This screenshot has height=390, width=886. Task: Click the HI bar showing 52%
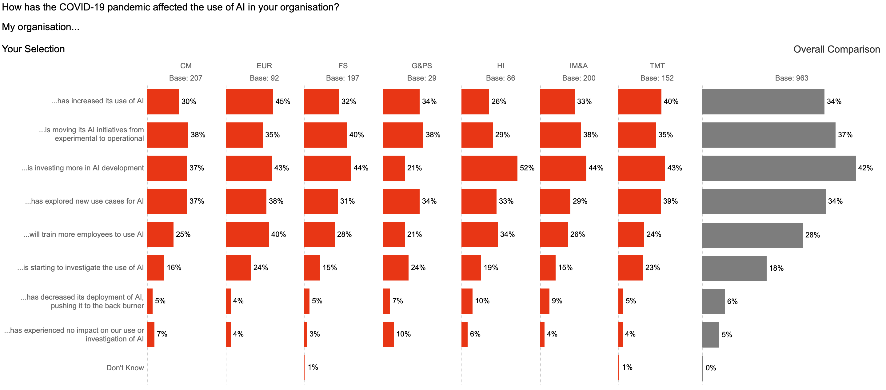click(x=489, y=168)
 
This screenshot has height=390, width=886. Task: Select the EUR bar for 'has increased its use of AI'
click(x=249, y=102)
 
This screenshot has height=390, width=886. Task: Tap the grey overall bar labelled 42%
click(x=779, y=168)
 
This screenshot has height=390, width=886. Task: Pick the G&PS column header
click(x=422, y=66)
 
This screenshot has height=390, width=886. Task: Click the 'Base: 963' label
click(x=792, y=78)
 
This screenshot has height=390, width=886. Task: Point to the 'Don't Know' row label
click(x=125, y=368)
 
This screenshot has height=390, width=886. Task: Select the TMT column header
click(x=657, y=66)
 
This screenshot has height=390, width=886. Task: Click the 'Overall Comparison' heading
click(x=836, y=49)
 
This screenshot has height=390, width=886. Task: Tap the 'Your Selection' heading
click(x=33, y=49)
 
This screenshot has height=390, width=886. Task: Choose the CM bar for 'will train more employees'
click(x=160, y=235)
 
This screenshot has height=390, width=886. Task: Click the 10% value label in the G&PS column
click(x=403, y=334)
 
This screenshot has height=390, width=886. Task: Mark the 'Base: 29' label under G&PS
click(x=422, y=78)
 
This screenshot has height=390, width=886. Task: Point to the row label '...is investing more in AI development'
click(x=82, y=168)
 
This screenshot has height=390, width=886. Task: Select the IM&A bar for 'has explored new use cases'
click(x=555, y=201)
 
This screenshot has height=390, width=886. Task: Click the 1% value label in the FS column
click(x=313, y=367)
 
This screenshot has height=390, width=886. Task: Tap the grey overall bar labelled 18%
click(x=734, y=268)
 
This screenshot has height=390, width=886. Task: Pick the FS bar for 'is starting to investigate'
click(x=312, y=268)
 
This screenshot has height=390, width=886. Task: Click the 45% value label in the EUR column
click(x=283, y=101)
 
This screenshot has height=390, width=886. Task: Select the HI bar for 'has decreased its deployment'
click(x=467, y=301)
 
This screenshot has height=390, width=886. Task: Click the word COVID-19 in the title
click(x=82, y=7)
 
